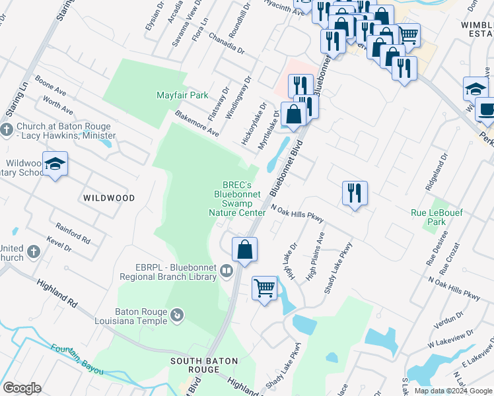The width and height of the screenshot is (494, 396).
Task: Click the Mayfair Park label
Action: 182,95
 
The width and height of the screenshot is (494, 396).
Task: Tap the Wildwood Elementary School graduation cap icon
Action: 55,164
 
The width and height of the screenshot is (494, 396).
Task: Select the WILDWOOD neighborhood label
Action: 109,198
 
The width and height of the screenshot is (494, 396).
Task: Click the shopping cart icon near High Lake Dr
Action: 265,288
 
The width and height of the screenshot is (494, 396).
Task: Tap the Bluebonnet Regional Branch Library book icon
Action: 227,271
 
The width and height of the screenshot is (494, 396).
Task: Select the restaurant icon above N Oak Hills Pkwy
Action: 355,193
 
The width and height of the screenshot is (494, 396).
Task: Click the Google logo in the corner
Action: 21,388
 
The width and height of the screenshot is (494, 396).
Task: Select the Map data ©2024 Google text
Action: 453,391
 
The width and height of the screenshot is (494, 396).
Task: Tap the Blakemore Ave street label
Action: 197,123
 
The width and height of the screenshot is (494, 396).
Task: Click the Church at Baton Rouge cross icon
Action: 7,129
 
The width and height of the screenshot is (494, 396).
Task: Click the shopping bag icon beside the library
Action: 244,249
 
